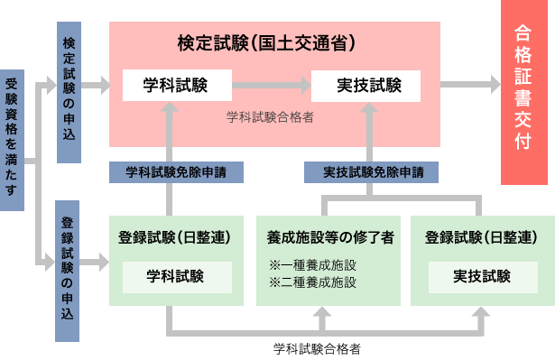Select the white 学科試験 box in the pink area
click(x=176, y=86)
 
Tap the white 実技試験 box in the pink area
click(x=365, y=86)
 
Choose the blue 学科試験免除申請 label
click(x=176, y=171)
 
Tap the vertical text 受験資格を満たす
click(x=11, y=139)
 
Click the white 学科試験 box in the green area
click(x=176, y=276)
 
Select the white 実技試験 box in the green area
click(x=483, y=276)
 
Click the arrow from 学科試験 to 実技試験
click(x=271, y=86)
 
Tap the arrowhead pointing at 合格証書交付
click(x=493, y=85)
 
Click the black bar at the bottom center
click(x=317, y=350)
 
